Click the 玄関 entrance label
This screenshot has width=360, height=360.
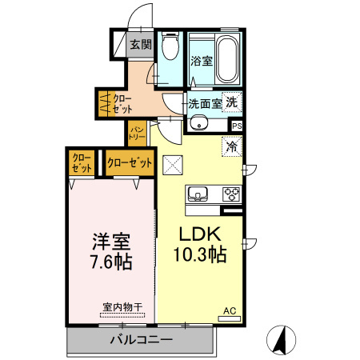(141, 45)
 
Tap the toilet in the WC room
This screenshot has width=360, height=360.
(169, 50)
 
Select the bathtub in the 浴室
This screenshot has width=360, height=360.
(226, 58)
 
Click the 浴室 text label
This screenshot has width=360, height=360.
(201, 60)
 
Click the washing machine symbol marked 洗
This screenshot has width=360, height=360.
(231, 102)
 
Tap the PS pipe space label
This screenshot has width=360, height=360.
(236, 126)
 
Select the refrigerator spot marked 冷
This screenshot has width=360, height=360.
(232, 146)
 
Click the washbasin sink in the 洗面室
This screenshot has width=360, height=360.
(198, 123)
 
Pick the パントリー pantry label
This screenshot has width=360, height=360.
(137, 133)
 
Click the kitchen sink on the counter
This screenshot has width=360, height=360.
(199, 193)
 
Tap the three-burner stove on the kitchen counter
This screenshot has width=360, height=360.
(230, 193)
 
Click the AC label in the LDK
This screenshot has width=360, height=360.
(230, 310)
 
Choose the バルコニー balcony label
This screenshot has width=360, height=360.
(141, 340)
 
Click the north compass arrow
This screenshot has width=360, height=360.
(281, 340)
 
